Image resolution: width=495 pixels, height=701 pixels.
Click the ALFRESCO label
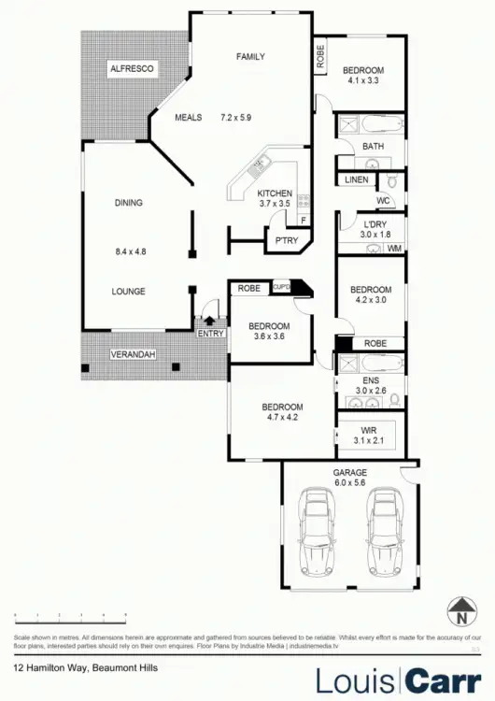(132, 69)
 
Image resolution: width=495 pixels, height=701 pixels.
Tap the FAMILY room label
(249, 57)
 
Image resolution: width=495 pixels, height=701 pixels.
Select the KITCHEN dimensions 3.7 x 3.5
(275, 203)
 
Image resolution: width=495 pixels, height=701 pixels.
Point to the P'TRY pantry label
(285, 242)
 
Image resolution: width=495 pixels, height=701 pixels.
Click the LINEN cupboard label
(356, 179)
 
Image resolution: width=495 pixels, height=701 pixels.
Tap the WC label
(383, 200)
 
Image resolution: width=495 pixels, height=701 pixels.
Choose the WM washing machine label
(394, 248)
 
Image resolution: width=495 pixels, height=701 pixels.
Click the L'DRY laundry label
(368, 223)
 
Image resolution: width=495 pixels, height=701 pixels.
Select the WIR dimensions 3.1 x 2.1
(368, 439)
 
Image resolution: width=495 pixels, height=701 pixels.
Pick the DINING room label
(130, 202)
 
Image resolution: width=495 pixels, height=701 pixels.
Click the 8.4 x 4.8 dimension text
(130, 251)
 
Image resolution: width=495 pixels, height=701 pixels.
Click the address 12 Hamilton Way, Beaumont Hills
(85, 667)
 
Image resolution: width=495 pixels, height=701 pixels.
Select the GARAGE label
(350, 473)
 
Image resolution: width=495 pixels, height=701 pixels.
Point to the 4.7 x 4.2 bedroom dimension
(281, 418)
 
